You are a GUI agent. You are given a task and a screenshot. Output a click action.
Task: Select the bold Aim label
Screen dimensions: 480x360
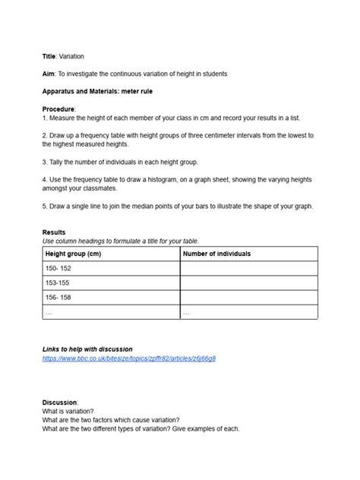(49, 74)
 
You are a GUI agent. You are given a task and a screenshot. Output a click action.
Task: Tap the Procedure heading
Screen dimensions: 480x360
(59, 109)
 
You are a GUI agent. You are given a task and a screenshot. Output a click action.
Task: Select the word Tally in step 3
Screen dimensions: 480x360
(59, 161)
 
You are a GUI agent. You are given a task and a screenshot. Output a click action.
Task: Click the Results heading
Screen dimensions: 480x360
(54, 232)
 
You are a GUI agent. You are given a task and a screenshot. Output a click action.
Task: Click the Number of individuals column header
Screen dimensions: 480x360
(217, 254)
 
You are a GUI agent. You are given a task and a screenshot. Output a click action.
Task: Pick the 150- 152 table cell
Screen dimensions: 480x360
(58, 268)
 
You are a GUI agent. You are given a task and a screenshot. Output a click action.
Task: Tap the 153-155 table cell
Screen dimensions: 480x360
(58, 283)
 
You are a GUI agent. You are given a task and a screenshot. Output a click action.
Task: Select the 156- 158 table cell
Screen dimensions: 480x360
(58, 297)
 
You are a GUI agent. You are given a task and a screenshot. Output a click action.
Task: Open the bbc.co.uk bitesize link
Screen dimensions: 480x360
(129, 358)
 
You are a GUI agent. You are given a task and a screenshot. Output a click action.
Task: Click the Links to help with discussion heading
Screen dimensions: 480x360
(87, 349)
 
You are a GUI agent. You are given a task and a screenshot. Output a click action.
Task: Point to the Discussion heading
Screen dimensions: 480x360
(60, 402)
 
